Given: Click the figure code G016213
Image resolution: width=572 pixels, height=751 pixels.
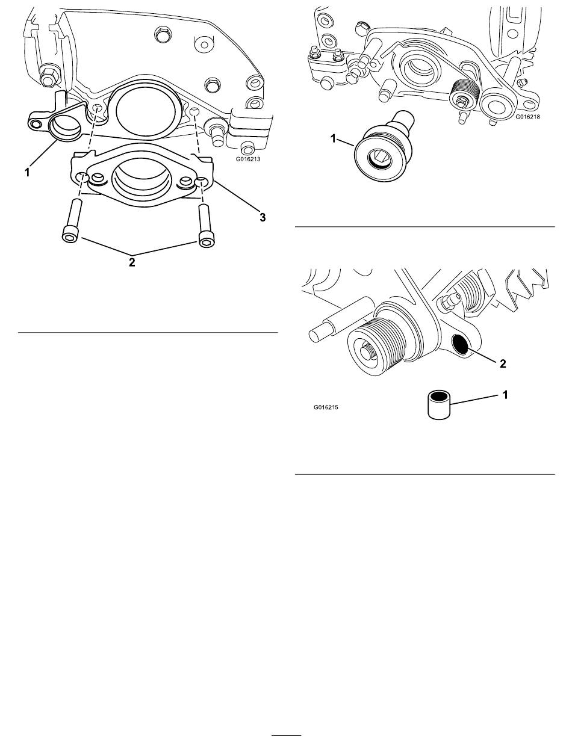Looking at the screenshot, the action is click(247, 159).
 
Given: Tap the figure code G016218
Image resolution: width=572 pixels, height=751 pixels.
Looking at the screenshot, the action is click(528, 116).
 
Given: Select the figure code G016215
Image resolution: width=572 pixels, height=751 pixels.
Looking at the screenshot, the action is click(326, 407).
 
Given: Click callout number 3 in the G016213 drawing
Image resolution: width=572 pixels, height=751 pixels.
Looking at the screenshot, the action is click(262, 217).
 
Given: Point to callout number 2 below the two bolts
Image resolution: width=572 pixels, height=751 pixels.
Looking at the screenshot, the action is click(132, 262).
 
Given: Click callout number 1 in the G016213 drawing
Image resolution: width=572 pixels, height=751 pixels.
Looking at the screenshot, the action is click(27, 173).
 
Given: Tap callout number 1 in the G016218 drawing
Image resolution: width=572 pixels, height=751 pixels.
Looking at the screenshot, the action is click(333, 138).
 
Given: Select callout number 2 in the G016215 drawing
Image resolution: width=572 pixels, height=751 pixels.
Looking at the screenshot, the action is click(503, 363).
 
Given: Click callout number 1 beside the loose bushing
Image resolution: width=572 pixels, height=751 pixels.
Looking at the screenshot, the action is click(505, 395).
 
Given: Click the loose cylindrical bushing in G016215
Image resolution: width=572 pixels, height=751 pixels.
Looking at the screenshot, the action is click(439, 405).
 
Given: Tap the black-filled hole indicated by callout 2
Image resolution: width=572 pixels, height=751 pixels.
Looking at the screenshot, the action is click(460, 344).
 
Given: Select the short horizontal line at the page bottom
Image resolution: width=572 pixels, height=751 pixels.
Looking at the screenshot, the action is click(286, 734).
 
